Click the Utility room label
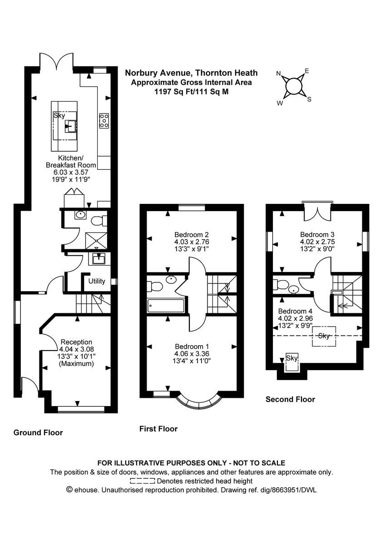click(97, 281)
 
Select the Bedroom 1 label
click(191, 346)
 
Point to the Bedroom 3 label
click(317, 235)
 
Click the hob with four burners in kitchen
click(104, 120)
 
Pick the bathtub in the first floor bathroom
click(166, 306)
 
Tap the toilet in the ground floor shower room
click(98, 221)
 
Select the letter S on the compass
click(309, 99)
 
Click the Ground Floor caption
click(38, 432)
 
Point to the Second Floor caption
click(290, 400)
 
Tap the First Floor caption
click(158, 429)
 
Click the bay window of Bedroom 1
click(200, 401)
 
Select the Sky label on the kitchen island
click(59, 116)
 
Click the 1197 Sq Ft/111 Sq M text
click(191, 91)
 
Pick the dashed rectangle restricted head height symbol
click(143, 481)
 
